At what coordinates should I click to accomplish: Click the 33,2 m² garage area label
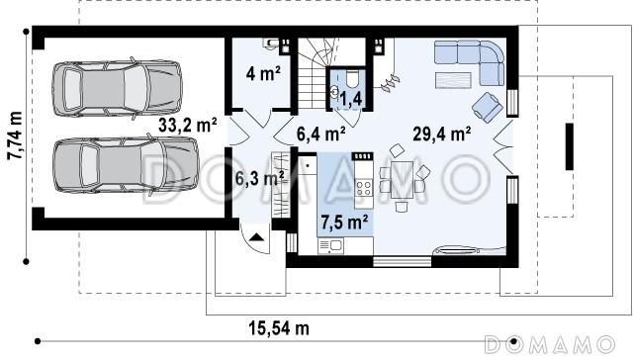coord(188,126)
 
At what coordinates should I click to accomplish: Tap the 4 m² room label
coord(263,74)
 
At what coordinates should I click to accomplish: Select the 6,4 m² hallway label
coord(320,134)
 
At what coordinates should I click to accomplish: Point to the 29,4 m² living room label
coord(442,134)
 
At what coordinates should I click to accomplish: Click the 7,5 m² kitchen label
coord(344,222)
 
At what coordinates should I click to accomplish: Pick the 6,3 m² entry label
coord(259,178)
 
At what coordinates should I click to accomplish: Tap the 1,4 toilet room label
coord(350,99)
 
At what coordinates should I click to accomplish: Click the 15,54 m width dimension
coord(279,328)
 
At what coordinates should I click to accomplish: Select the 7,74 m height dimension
coord(16,135)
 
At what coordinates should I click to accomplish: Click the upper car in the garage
coord(117,89)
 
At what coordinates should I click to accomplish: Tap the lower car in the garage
coord(126,164)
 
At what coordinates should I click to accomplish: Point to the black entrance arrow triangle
coord(256,237)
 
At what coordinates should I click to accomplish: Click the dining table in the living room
coord(402,180)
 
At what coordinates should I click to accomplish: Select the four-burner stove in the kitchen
coord(363,188)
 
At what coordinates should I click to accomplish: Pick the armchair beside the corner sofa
coord(488,107)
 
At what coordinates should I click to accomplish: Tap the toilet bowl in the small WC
coord(352,79)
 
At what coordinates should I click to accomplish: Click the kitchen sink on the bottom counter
coord(330,245)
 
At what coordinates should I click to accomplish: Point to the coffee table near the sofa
coord(453,80)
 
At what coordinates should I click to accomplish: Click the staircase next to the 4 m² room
coord(316,73)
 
